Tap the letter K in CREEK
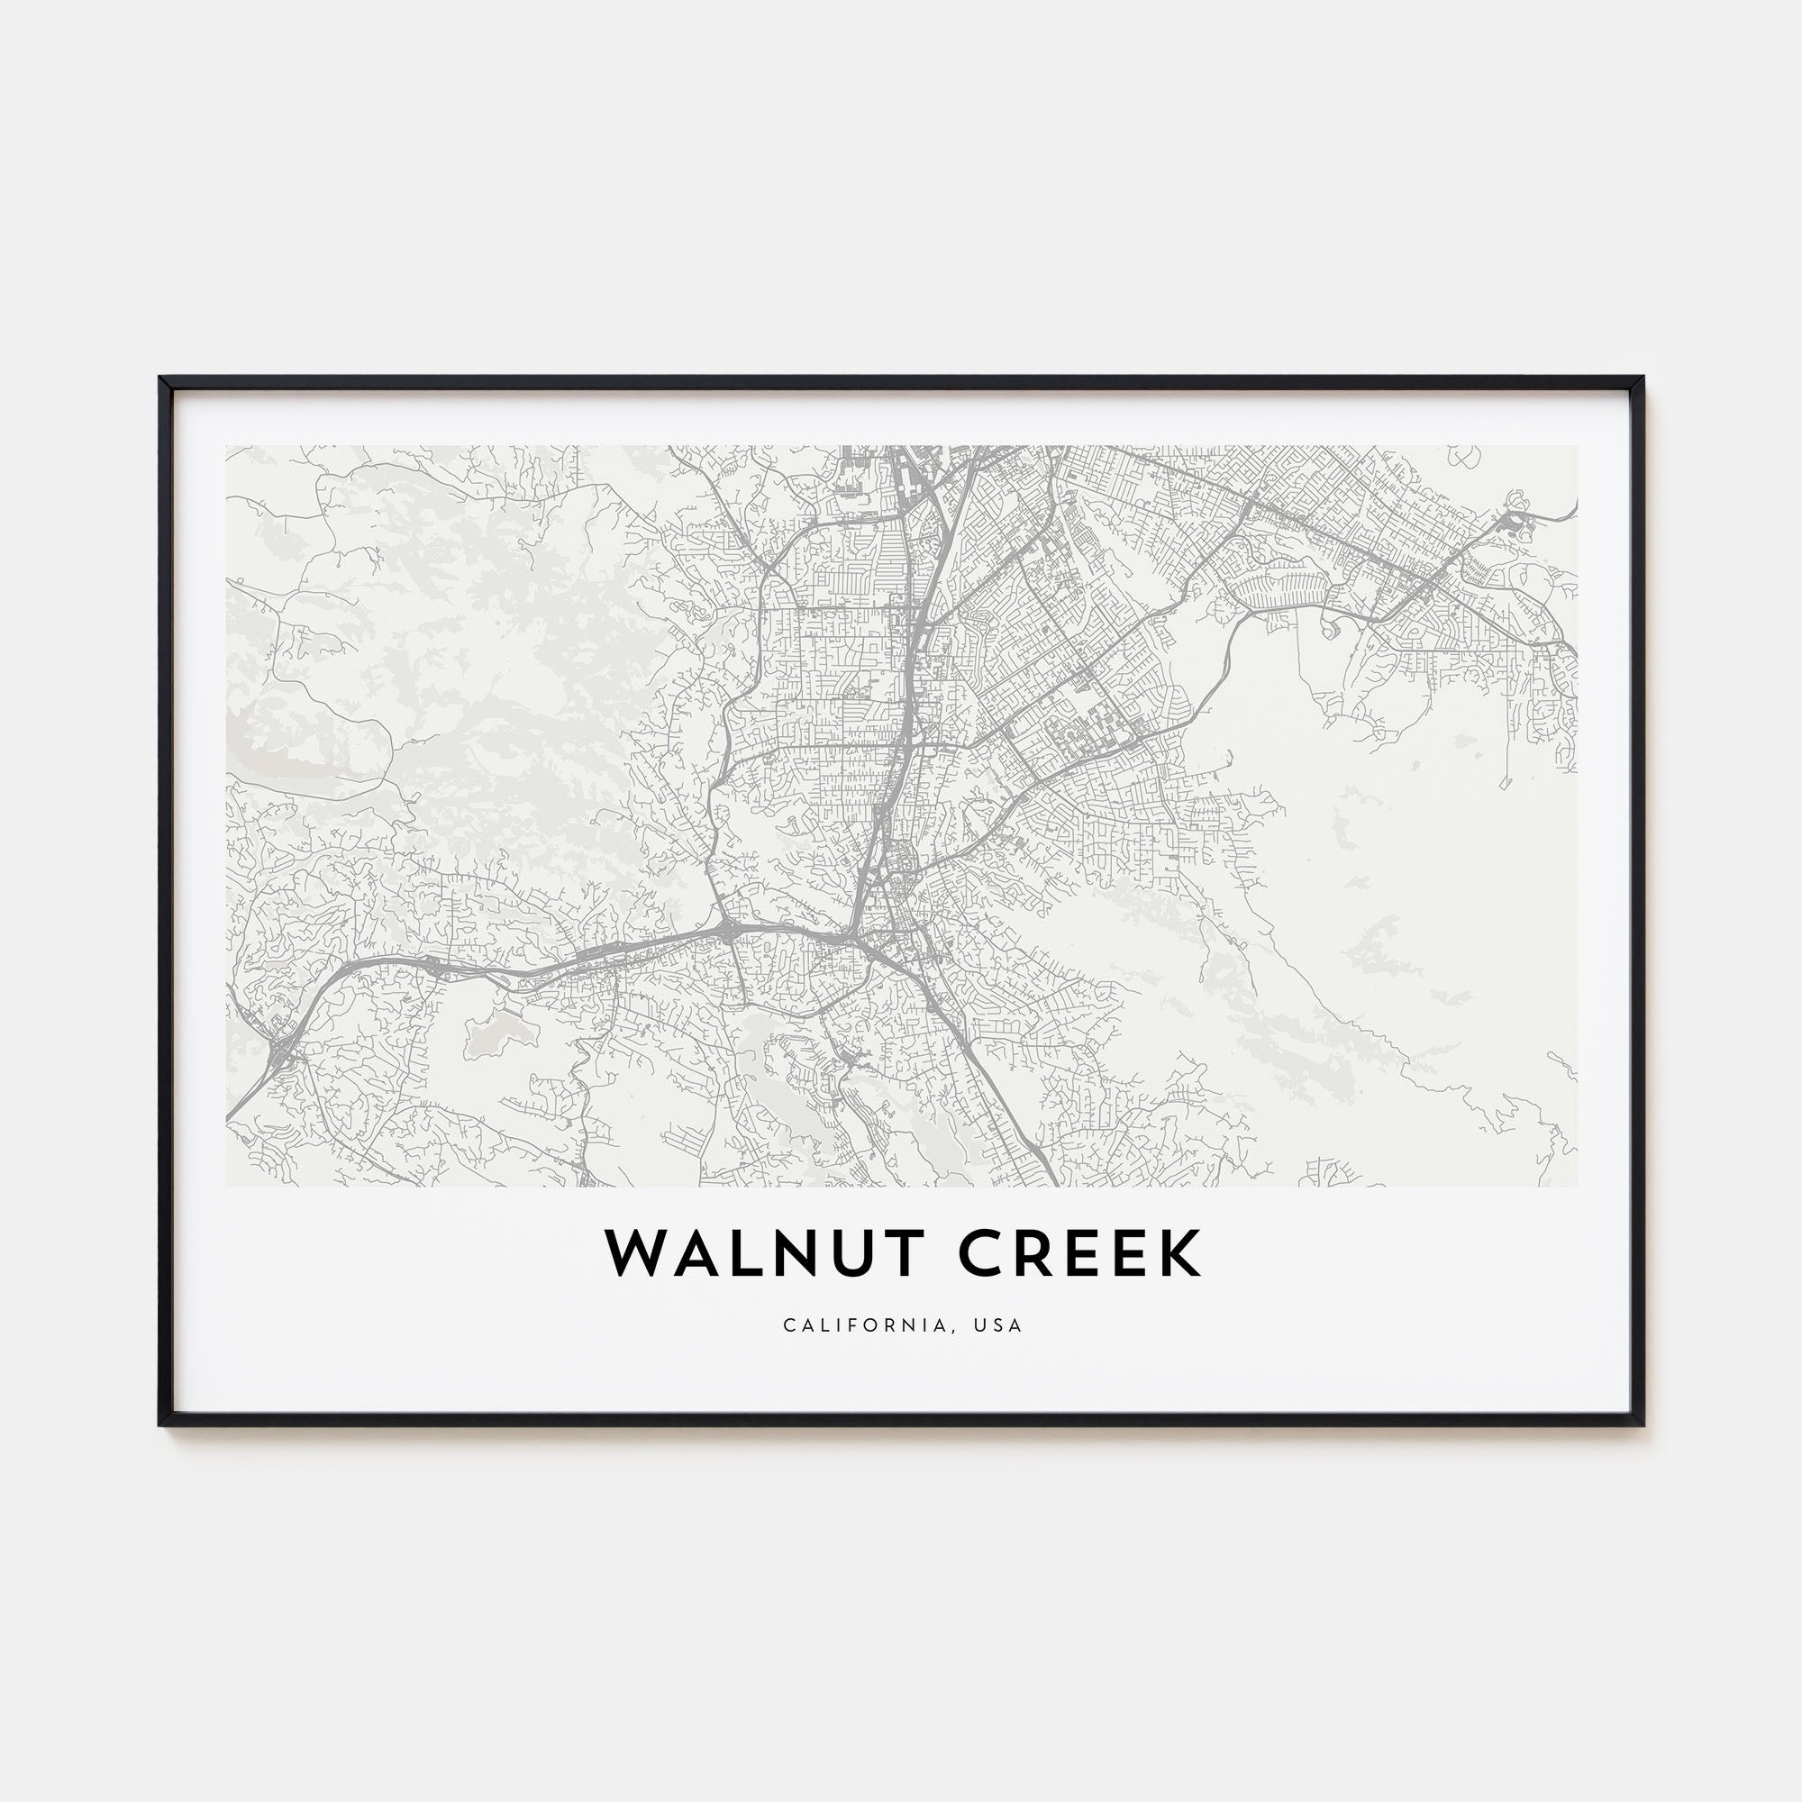pyautogui.click(x=1180, y=1253)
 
